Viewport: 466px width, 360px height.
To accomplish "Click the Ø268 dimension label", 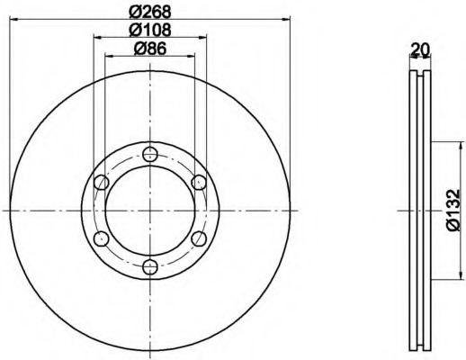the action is click(x=150, y=12).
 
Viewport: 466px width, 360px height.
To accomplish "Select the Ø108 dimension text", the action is click(x=150, y=30).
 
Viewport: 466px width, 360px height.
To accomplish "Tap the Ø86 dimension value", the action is click(x=150, y=49).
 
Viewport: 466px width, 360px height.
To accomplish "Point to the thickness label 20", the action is click(x=420, y=49).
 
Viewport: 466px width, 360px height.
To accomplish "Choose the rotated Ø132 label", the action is click(x=453, y=210).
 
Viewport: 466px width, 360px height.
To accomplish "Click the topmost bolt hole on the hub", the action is click(x=150, y=155).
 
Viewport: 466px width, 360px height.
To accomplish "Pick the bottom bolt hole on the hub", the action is click(x=150, y=266).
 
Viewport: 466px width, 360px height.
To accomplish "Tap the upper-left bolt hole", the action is click(x=102, y=183).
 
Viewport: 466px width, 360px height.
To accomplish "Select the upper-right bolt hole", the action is click(x=199, y=183).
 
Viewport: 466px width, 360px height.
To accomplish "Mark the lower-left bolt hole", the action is click(x=102, y=238).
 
